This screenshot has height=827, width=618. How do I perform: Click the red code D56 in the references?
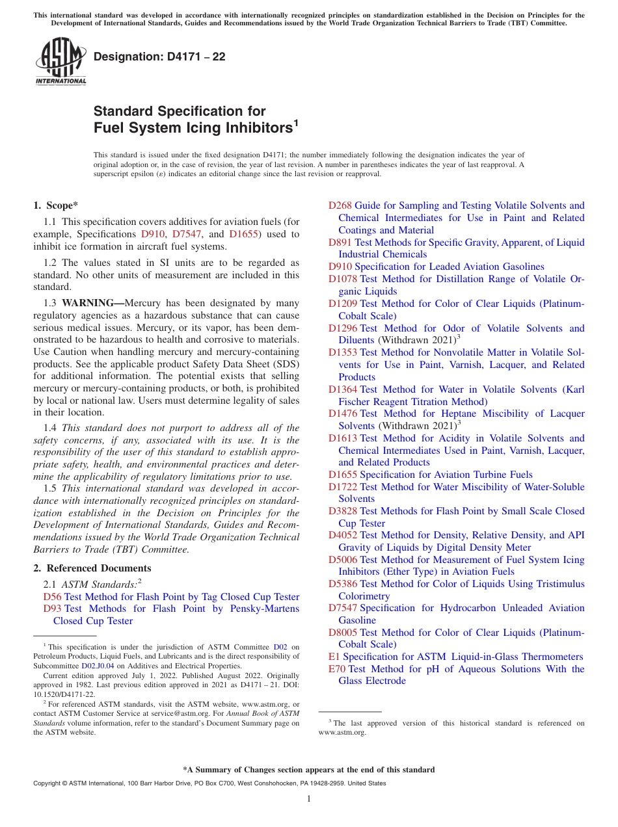(52, 597)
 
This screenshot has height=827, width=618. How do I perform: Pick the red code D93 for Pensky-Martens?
(52, 609)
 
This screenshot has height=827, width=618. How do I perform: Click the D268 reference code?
(340, 205)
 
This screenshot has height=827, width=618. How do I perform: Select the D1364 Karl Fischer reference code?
(342, 389)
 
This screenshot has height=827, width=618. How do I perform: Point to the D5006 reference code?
(342, 560)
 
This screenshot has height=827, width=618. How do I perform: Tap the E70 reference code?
(337, 669)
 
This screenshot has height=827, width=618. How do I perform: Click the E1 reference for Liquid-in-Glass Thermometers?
(334, 657)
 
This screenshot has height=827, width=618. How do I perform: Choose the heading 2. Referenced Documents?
(92, 568)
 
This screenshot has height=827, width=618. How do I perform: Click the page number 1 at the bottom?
(309, 798)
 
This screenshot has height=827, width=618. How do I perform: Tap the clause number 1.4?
(50, 428)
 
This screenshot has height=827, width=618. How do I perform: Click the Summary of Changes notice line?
(308, 770)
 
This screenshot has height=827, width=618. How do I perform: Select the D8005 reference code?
(342, 633)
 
